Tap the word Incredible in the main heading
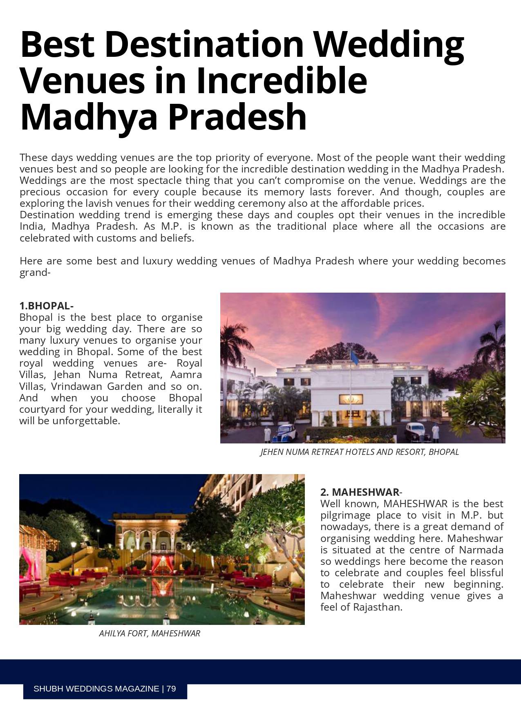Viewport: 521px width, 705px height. pos(282,81)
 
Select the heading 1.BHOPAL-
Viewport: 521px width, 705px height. pos(46,306)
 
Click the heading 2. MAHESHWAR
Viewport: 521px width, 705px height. pos(360,492)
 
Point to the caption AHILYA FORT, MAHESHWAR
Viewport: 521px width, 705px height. pos(150,633)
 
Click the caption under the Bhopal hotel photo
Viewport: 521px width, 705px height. pos(360,452)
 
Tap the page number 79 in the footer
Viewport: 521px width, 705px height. pos(171,689)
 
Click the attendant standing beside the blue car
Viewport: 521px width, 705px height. pos(267,434)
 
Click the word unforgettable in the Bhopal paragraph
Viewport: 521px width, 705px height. pos(86,421)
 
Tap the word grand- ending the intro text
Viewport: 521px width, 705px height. pos(35,273)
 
